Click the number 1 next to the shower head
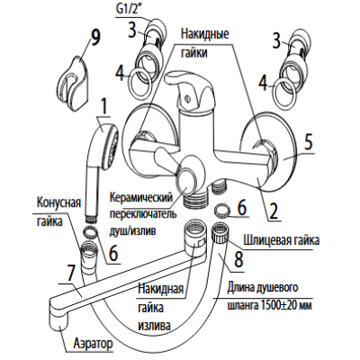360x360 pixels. (103, 109)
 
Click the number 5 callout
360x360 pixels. (307, 142)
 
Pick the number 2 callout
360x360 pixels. (273, 210)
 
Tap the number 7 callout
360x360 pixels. (70, 274)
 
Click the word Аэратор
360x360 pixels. (94, 344)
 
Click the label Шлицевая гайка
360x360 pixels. (282, 240)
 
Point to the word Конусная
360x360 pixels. (58, 202)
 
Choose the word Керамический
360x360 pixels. (141, 198)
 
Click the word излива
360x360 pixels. (155, 326)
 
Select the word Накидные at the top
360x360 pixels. (204, 33)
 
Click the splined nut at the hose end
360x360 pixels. (220, 232)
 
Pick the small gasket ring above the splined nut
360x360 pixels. (222, 209)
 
